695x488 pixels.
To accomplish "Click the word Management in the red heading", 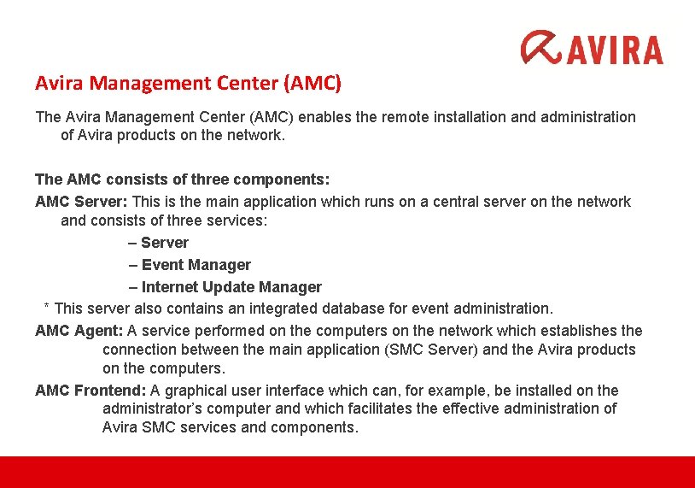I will point(136,84).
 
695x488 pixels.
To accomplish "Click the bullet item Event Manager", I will point(196,265).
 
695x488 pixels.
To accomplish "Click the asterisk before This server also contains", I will point(47,307).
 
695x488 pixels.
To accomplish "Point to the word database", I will point(379,308).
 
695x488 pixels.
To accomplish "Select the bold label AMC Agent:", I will point(79,330).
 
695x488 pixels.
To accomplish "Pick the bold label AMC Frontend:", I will point(91,391).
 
